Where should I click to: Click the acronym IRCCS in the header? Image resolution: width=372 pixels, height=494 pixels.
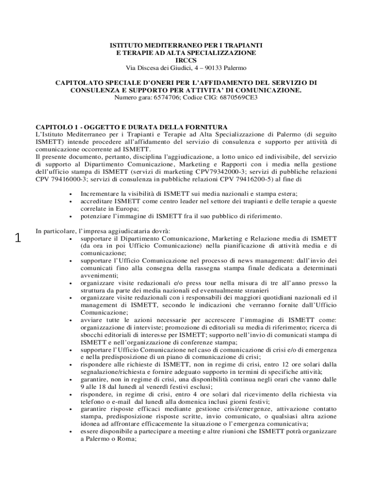[186, 60]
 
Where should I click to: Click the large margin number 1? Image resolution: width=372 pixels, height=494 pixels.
[18, 237]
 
